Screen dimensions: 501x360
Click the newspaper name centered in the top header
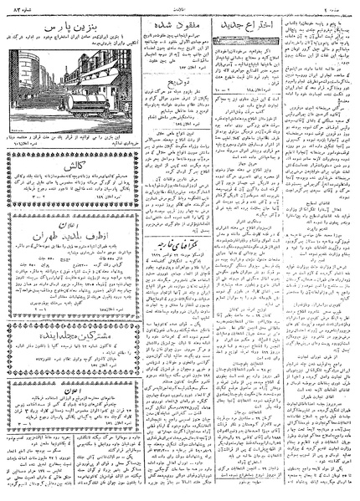[x=180, y=6]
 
